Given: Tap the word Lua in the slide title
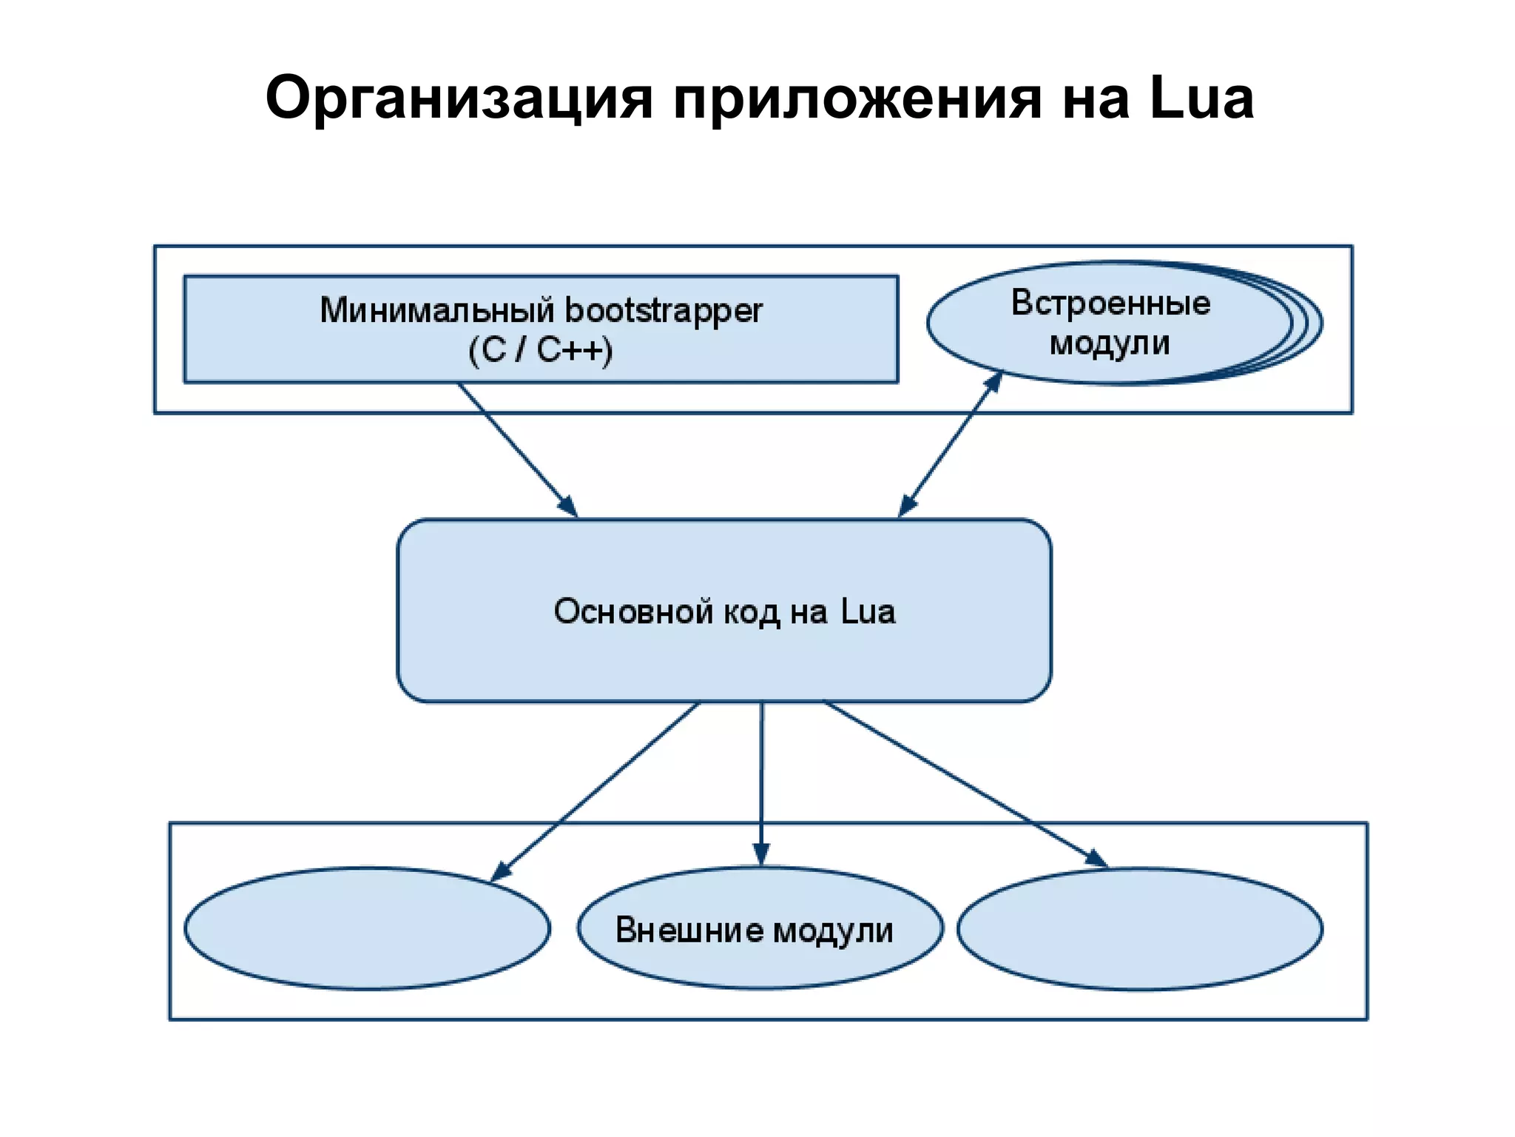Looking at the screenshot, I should [x=1201, y=98].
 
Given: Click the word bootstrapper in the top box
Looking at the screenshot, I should [x=663, y=310].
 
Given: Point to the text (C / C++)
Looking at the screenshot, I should [x=541, y=350].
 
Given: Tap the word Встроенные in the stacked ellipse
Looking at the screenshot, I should [x=1110, y=303].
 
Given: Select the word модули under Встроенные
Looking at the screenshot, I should [x=1110, y=343].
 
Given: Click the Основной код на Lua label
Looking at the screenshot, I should [x=724, y=612].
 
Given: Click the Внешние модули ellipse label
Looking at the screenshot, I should [x=754, y=930].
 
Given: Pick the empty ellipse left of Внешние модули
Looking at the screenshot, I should [x=367, y=928].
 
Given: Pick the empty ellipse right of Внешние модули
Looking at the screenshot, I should [x=1139, y=929].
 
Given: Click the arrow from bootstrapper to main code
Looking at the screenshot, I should [x=518, y=450].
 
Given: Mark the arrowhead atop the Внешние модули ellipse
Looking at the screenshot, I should [x=761, y=855].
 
